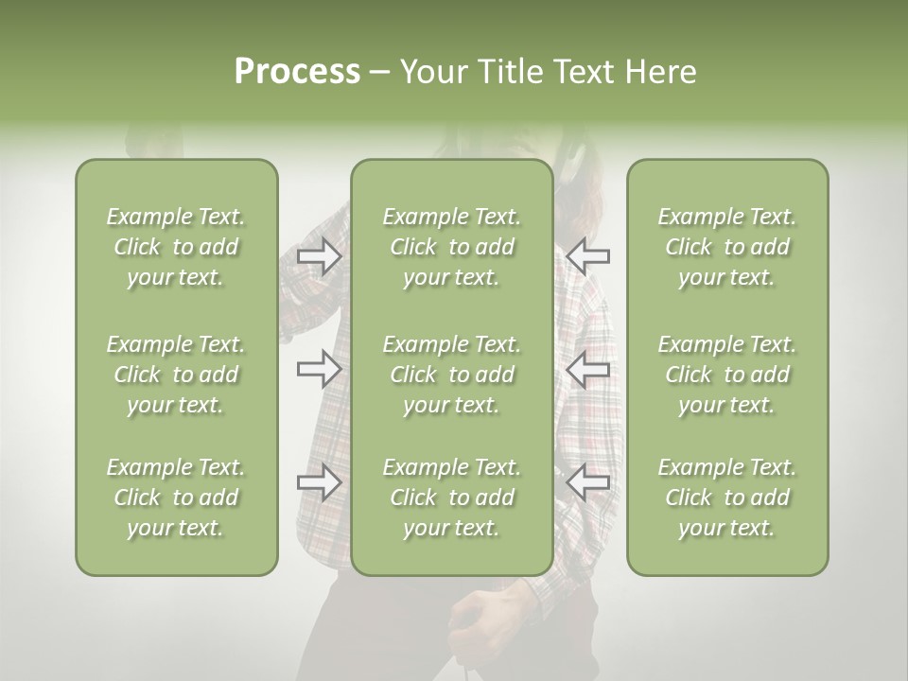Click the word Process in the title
click(x=297, y=72)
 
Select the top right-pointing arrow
click(x=320, y=256)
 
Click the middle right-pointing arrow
click(x=320, y=369)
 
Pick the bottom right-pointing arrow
click(x=320, y=482)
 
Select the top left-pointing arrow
click(x=588, y=256)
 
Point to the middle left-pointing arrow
click(x=588, y=369)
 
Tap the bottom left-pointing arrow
click(x=588, y=482)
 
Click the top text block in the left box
click(x=176, y=247)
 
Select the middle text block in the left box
click(x=176, y=375)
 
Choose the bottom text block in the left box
click(x=176, y=498)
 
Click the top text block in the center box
click(x=452, y=247)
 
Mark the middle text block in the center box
click(x=452, y=375)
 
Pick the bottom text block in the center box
click(x=452, y=498)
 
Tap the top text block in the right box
click(x=727, y=247)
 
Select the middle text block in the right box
click(x=727, y=375)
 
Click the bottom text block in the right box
click(x=727, y=498)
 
